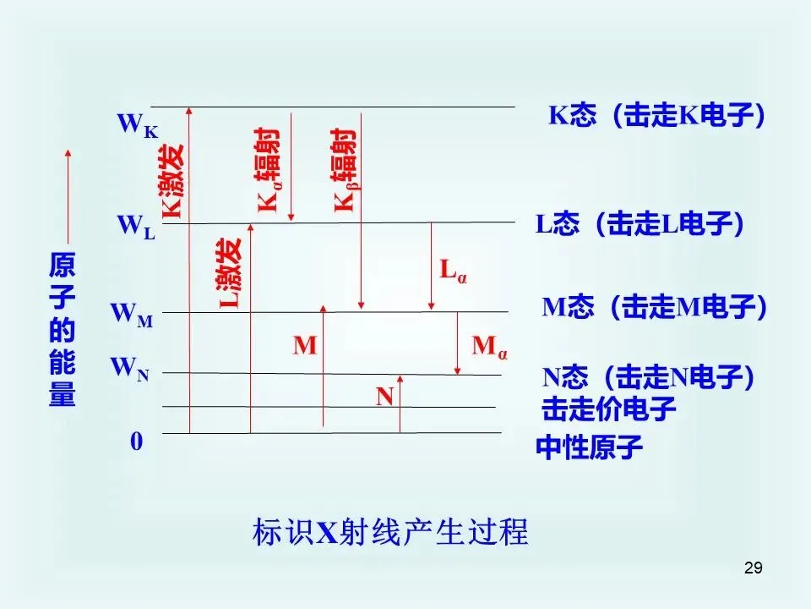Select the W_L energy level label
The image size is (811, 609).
click(136, 227)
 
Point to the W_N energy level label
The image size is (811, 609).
click(129, 369)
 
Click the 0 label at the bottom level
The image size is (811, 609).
click(136, 442)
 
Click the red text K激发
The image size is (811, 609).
click(172, 180)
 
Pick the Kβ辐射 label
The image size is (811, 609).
click(344, 169)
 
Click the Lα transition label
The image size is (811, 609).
click(453, 271)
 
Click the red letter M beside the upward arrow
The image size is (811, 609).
click(305, 345)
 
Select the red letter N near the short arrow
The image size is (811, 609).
click(385, 395)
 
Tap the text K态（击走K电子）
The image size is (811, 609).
click(658, 116)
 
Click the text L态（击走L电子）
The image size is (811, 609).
click(640, 224)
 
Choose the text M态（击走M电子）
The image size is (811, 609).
click(655, 308)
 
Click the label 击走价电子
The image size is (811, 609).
click(609, 409)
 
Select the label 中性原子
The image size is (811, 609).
click(590, 447)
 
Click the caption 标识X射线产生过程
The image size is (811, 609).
click(390, 533)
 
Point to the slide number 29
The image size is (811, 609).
click(754, 568)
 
